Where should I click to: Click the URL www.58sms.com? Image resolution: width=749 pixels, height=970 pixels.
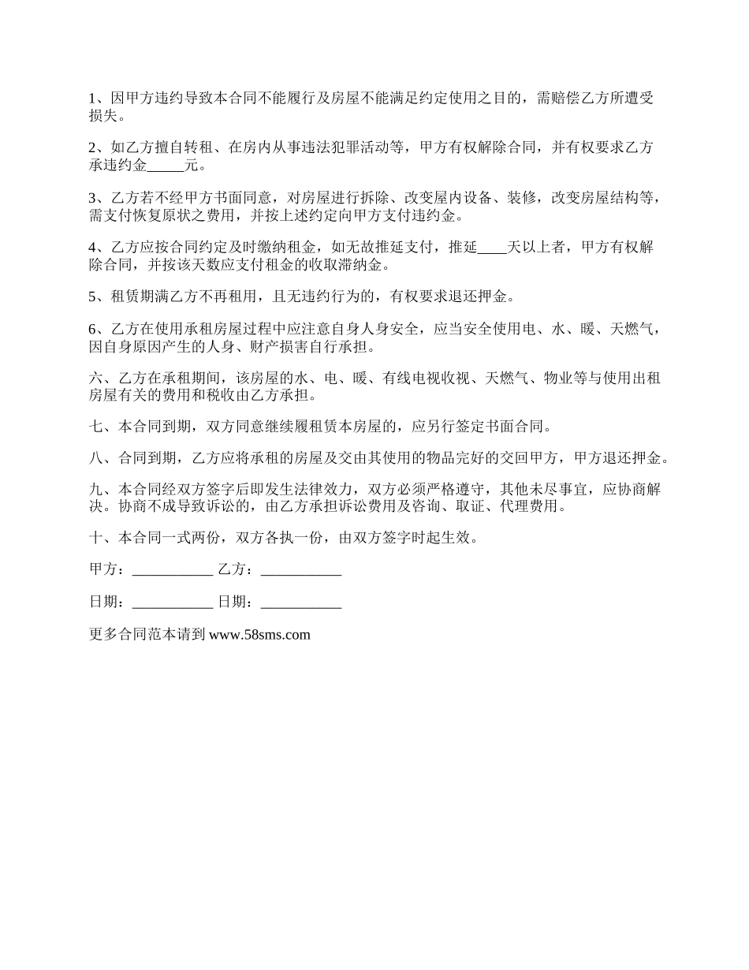pos(259,635)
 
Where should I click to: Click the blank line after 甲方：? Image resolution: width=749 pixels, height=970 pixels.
pos(173,570)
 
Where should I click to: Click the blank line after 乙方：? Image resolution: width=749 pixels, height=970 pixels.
pos(300,570)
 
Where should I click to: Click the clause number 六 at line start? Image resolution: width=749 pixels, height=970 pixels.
pos(95,379)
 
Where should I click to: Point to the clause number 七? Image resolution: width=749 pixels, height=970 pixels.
pos(95,427)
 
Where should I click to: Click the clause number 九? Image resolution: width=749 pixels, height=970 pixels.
pos(95,490)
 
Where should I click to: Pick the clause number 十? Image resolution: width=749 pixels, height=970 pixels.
pos(95,539)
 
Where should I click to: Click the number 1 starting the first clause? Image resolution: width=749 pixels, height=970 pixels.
pos(92,99)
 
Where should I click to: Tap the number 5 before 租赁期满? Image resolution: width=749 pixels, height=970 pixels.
pos(92,297)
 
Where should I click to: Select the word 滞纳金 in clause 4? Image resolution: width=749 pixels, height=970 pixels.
pos(366,265)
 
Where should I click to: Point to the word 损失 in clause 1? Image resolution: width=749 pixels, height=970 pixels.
pos(104,116)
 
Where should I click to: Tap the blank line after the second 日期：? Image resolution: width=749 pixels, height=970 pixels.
pos(300,603)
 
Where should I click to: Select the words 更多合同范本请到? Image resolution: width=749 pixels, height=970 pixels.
pos(147,635)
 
